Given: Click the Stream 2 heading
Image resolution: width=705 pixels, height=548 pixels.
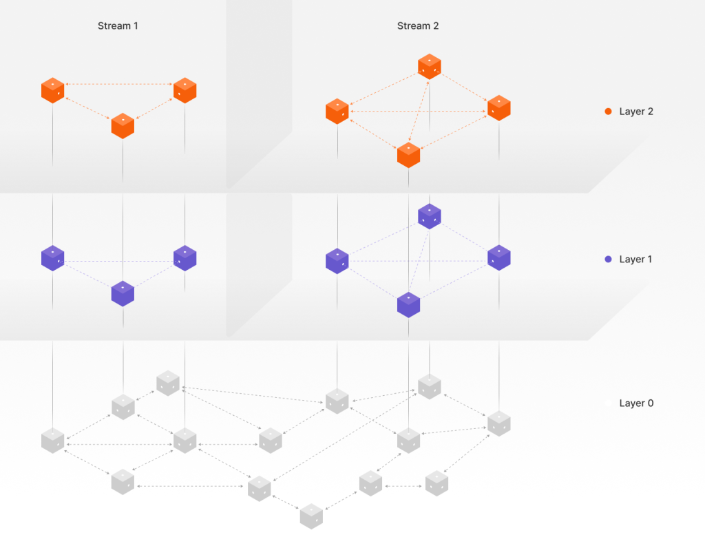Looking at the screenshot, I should tap(418, 26).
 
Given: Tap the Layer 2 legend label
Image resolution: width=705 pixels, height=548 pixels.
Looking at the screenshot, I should tap(636, 112).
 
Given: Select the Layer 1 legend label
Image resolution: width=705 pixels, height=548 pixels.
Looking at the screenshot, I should tap(636, 260).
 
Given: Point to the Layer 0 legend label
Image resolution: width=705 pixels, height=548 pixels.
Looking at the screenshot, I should tap(636, 403).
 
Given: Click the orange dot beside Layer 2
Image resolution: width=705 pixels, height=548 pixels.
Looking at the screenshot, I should tap(608, 112).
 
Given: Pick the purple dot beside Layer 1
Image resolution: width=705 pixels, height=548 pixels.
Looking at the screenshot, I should tap(608, 260).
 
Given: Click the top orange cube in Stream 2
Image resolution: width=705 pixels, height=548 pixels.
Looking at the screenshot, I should tap(430, 66).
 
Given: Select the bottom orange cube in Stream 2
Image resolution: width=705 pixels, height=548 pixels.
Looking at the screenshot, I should tap(408, 155).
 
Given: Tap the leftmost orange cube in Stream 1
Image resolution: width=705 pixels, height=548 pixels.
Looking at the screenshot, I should tap(53, 90).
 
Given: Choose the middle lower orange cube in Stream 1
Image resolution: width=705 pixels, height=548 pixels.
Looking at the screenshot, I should tap(123, 126).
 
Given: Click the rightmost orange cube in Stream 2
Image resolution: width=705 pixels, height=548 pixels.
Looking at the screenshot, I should tap(498, 108).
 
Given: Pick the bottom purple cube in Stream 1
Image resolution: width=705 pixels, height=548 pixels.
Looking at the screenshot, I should tap(123, 293).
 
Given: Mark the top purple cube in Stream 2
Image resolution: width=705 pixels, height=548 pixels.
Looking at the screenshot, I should tap(430, 216).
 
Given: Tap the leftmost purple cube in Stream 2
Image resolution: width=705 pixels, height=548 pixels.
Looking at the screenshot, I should tap(337, 261).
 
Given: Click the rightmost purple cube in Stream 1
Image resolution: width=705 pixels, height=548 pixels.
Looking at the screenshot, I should tap(185, 258).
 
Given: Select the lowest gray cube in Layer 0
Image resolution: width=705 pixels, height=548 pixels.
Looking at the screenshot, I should tap(311, 516).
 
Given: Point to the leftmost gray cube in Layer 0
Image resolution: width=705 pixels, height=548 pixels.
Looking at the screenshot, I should tap(53, 440).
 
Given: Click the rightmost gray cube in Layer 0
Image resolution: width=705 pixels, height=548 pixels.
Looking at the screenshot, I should tap(498, 423).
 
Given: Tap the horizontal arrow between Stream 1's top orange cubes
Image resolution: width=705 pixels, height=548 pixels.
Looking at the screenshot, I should tap(118, 85).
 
